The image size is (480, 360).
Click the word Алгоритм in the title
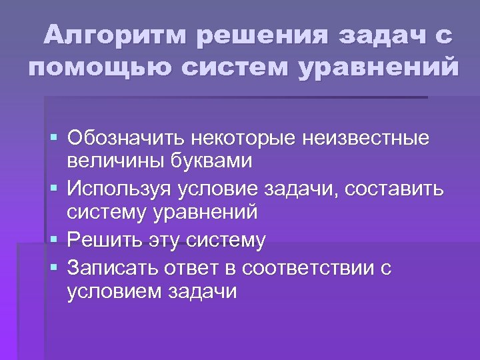point(115,35)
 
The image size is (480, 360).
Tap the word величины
point(107,161)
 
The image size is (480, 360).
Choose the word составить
point(393,189)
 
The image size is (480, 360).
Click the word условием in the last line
point(107,291)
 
